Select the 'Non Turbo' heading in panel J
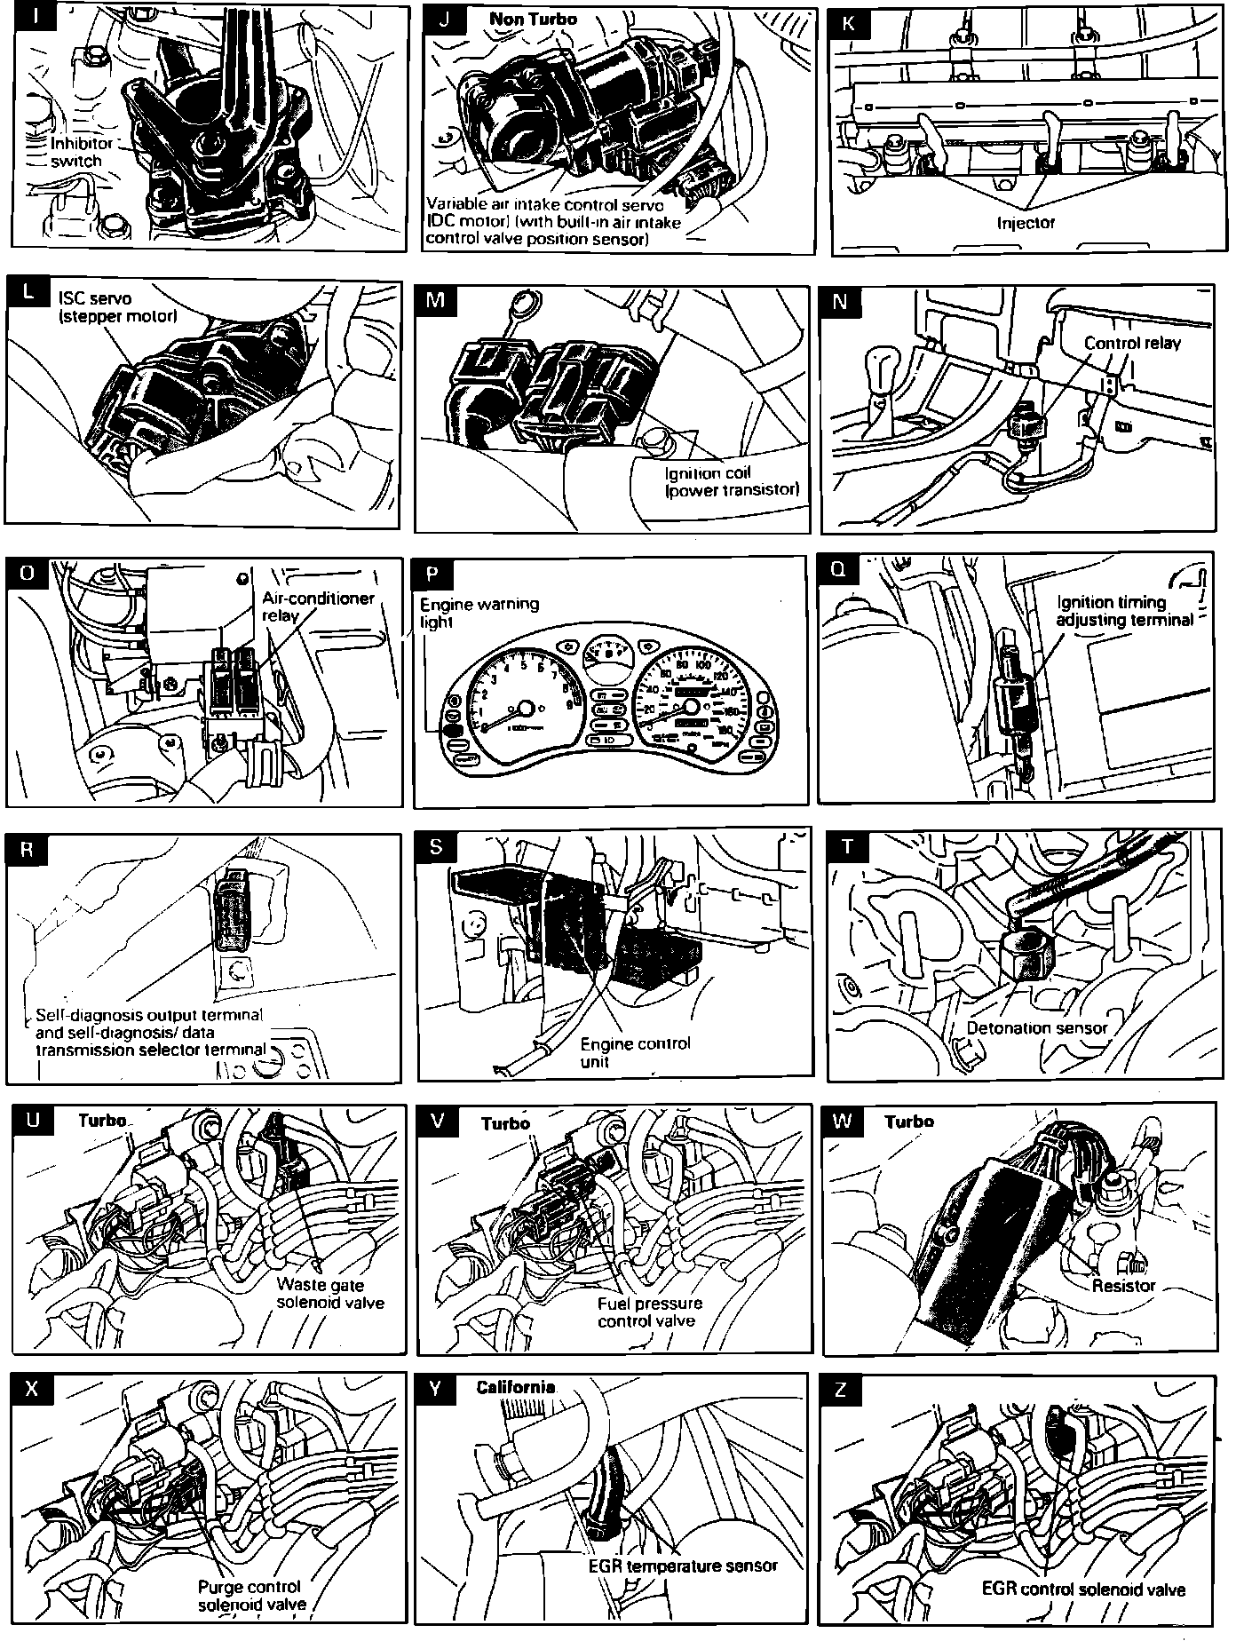[x=533, y=20]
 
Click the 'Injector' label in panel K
[x=1026, y=222]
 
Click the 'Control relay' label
[x=1132, y=343]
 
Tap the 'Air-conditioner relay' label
[x=318, y=607]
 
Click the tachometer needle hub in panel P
[x=524, y=709]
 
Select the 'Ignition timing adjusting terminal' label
[x=1123, y=611]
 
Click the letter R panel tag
[x=27, y=850]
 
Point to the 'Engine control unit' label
[x=635, y=1051]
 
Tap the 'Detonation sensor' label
[x=1036, y=1027]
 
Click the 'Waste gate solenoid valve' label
[x=330, y=1293]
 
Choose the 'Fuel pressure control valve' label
[x=649, y=1312]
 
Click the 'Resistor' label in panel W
[x=1123, y=1285]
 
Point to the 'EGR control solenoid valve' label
[x=1083, y=1589]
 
